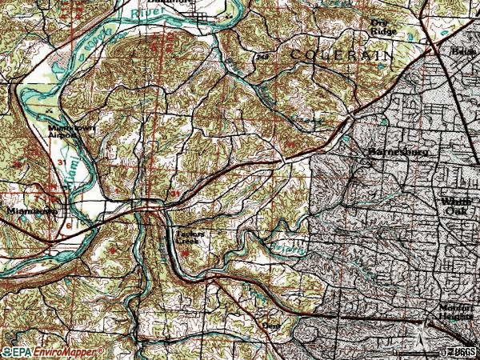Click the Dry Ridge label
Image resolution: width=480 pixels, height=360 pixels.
(384, 27)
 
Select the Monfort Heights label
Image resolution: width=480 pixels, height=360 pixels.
(457, 311)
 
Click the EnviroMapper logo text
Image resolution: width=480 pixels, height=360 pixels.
(68, 351)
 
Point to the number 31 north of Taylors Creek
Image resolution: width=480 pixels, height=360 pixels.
(174, 194)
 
